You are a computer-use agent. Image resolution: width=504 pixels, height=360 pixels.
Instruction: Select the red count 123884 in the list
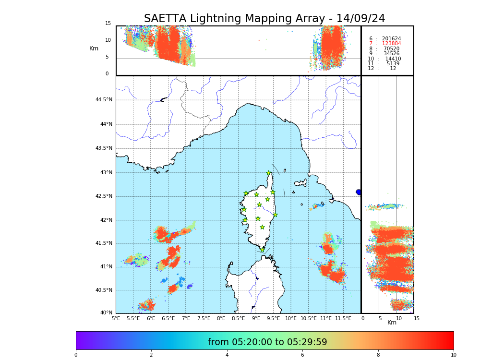[x=391, y=44]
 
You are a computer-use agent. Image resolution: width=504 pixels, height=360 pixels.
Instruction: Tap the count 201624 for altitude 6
[x=391, y=38]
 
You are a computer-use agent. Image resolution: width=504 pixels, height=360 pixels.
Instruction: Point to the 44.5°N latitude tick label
[x=104, y=100]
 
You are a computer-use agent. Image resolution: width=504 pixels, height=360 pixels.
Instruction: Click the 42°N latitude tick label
[x=105, y=220]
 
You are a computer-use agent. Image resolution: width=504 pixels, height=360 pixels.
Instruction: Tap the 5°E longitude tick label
[x=116, y=318]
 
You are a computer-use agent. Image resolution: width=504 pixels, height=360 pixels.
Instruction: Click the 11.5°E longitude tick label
[x=343, y=318]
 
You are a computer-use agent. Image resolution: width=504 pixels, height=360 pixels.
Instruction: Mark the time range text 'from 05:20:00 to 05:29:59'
[x=267, y=342]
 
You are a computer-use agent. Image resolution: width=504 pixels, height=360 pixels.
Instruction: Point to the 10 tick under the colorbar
[x=453, y=355]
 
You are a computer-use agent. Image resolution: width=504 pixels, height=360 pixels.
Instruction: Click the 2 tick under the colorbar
[x=151, y=355]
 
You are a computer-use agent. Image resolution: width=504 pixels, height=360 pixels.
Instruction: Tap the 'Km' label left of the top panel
[x=94, y=48]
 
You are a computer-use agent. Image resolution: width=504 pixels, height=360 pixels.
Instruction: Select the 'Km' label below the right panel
[x=392, y=323]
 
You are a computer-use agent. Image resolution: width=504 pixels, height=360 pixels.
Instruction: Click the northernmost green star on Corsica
[x=269, y=173]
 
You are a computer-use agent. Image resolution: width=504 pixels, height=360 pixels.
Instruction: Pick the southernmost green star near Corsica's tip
[x=262, y=250]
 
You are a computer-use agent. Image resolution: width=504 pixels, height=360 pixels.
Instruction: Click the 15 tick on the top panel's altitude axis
[x=108, y=24]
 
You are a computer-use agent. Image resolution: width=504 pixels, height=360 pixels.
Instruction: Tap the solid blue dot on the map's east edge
[x=359, y=192]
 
